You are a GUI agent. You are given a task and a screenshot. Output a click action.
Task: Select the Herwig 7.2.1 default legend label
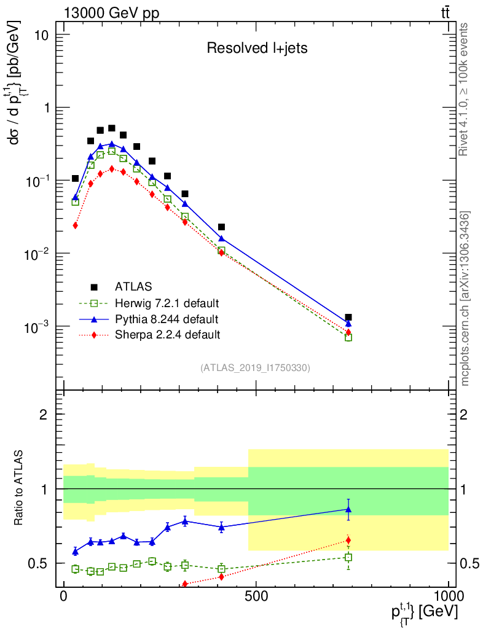[167, 303]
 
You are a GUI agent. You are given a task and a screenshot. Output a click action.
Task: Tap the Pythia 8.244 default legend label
[167, 319]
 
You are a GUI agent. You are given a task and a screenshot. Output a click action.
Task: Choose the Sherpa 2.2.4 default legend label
[167, 335]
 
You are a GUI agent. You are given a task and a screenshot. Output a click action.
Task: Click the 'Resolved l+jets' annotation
[256, 48]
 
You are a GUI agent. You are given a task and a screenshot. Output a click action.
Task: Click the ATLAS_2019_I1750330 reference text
[255, 368]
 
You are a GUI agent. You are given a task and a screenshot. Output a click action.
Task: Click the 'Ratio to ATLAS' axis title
[18, 488]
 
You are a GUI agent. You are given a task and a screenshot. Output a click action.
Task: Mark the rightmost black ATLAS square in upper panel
[348, 318]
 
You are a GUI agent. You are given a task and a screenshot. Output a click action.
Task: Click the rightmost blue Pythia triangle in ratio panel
[348, 509]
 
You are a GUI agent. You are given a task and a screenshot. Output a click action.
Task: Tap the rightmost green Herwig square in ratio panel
[348, 558]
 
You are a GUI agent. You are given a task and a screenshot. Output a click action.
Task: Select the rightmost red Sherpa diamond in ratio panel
[348, 541]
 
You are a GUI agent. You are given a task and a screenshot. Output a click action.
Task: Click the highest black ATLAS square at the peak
[111, 128]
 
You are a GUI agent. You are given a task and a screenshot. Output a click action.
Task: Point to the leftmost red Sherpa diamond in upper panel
[75, 225]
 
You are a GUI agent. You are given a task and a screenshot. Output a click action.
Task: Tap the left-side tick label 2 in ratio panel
[43, 415]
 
